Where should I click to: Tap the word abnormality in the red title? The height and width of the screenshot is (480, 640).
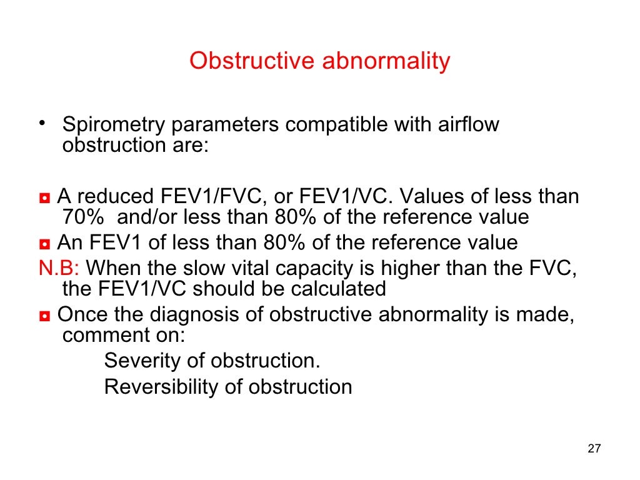pos(386,61)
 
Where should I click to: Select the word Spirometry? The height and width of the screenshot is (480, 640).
pos(114,125)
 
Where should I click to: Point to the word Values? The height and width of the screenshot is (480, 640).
pos(432,197)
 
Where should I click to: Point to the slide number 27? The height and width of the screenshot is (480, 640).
pos(594,449)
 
